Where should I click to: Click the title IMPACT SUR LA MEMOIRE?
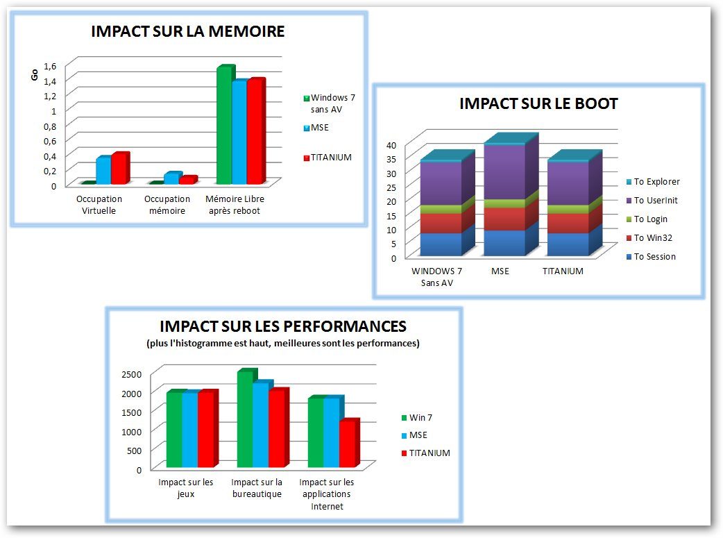pos(188,31)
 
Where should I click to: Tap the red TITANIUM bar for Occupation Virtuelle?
pos(118,169)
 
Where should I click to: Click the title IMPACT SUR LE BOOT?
pos(538,104)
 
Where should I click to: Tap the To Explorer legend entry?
pos(656,182)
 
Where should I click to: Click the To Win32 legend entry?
pos(653,238)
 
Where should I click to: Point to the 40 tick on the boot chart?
pos(391,145)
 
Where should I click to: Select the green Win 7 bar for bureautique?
pos(244,420)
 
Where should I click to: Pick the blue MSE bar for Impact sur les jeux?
pos(189,430)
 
